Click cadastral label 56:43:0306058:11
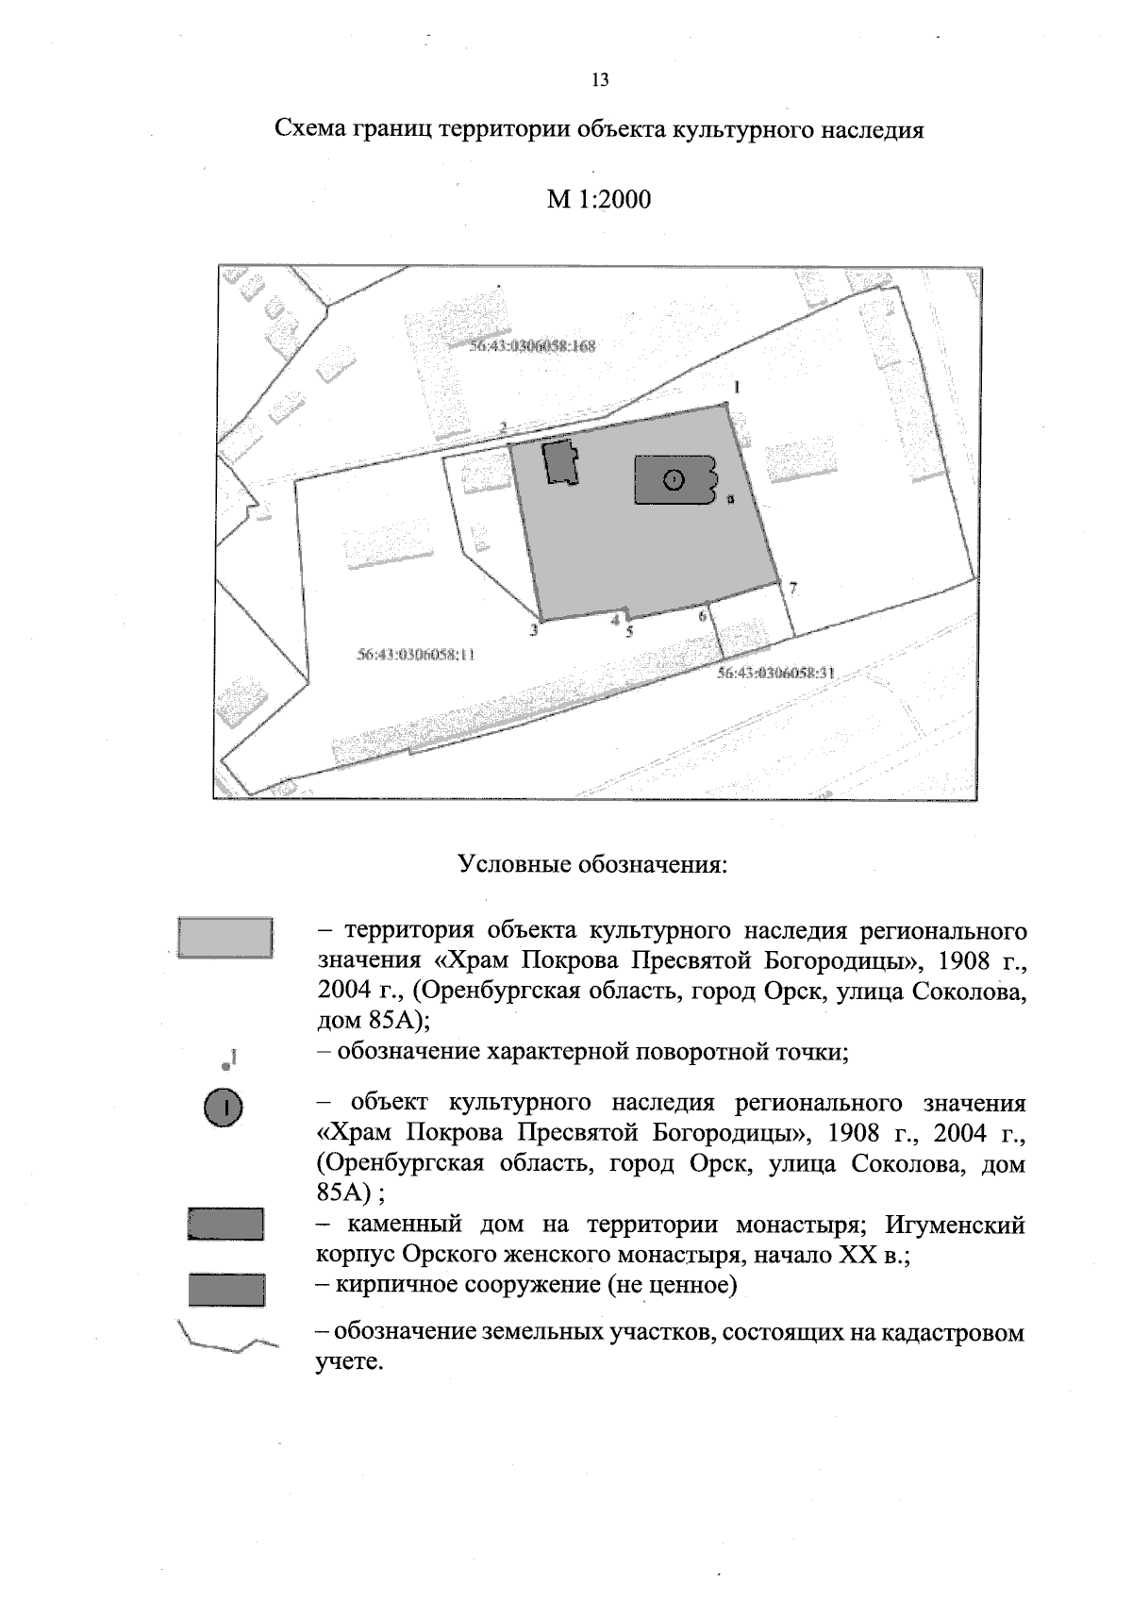click(x=416, y=653)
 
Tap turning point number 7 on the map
click(x=793, y=589)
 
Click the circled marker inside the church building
click(x=673, y=480)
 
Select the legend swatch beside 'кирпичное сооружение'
click(x=225, y=1289)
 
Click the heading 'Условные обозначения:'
click(x=592, y=864)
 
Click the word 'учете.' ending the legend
click(x=349, y=1362)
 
